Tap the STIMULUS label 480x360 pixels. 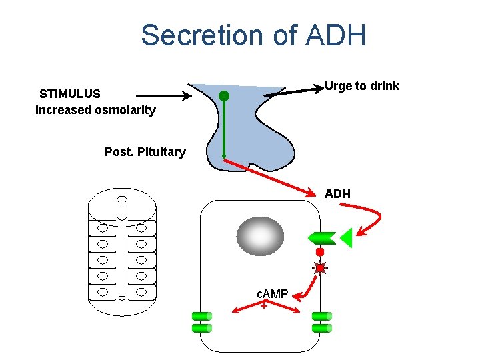(69, 93)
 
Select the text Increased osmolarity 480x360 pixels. (95, 110)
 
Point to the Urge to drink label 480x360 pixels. (361, 86)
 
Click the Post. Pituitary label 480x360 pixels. (145, 152)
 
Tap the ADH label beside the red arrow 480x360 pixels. (337, 194)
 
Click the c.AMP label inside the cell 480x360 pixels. (273, 294)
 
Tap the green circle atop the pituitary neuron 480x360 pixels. (224, 96)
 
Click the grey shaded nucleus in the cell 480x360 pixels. (260, 236)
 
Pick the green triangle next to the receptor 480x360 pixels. (345, 237)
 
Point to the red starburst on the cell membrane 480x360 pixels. (321, 268)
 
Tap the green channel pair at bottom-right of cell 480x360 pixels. (321, 321)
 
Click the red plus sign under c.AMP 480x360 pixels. (264, 306)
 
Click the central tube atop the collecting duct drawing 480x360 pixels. (122, 207)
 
